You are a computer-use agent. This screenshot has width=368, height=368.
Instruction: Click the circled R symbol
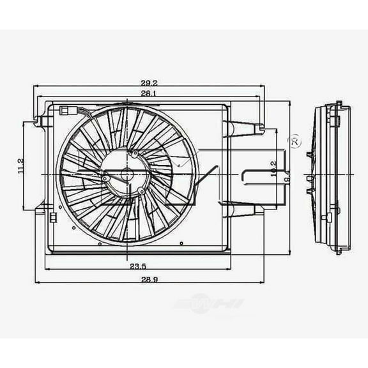pyautogui.click(x=295, y=142)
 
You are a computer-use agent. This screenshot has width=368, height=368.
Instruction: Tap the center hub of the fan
pyautogui.click(x=126, y=174)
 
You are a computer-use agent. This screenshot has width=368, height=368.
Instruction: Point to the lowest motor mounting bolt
pyautogui.click(x=141, y=190)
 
